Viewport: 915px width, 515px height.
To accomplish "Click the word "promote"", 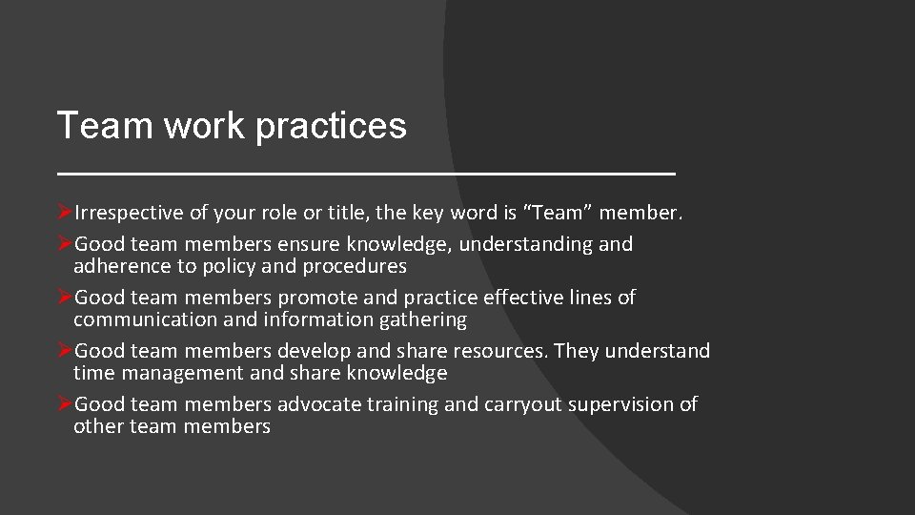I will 315,298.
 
